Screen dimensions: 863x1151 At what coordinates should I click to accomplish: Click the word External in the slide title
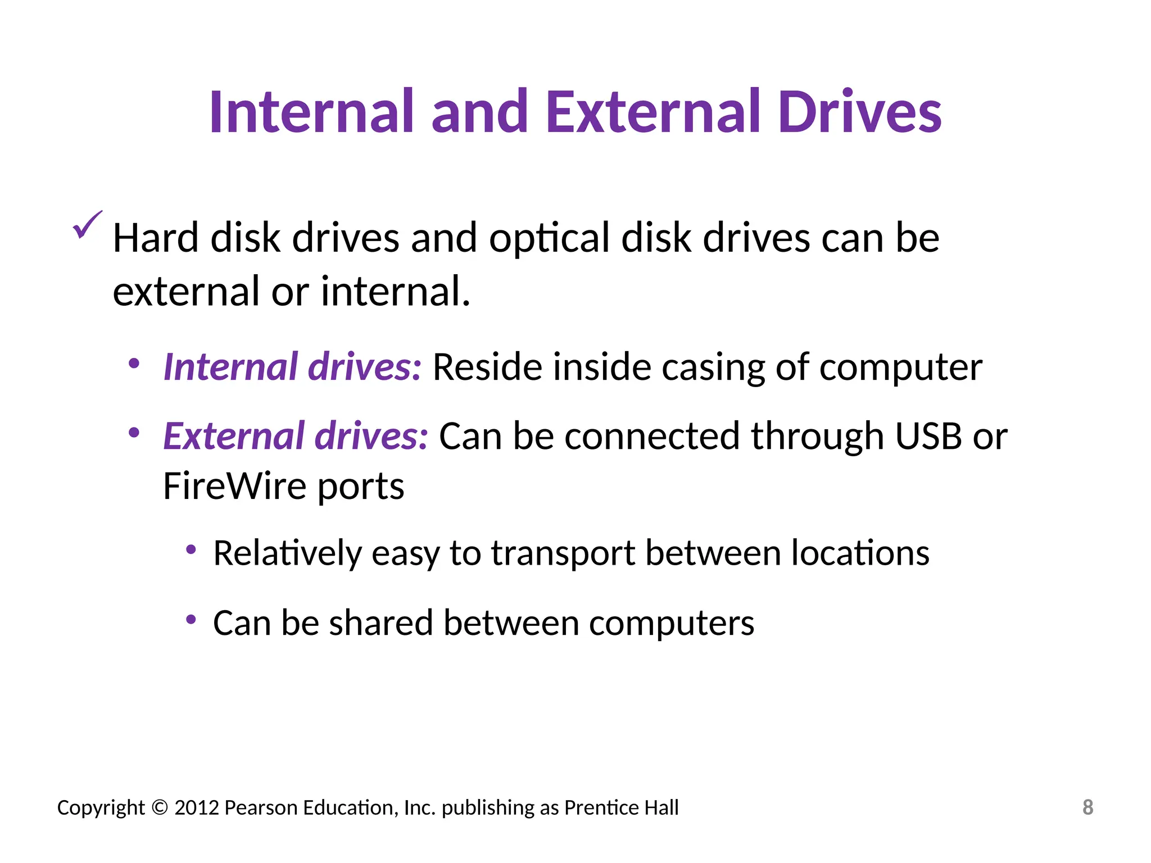click(652, 112)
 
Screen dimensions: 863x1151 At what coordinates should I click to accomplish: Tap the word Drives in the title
click(860, 112)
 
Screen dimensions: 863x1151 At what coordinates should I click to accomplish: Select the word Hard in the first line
click(156, 238)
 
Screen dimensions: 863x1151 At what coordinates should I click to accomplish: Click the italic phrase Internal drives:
click(292, 367)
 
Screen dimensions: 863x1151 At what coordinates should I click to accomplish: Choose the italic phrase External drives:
click(296, 436)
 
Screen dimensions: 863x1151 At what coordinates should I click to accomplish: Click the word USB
click(928, 436)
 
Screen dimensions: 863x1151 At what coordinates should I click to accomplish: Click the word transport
click(563, 554)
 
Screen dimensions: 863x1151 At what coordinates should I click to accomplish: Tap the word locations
click(860, 553)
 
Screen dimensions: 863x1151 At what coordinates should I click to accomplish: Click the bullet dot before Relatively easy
click(191, 549)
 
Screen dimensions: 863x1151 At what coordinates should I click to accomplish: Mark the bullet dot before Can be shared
click(191, 619)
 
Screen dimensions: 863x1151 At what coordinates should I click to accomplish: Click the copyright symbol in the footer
click(160, 807)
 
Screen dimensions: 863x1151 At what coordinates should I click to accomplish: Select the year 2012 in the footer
click(196, 807)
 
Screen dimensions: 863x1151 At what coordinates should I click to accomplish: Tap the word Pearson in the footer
click(261, 807)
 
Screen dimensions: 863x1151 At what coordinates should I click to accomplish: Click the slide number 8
click(1087, 807)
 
